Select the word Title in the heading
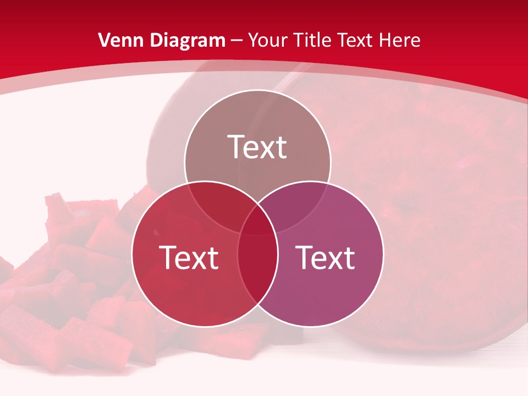click(312, 40)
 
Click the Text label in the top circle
click(257, 147)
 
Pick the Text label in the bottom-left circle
click(189, 257)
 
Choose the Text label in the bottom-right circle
click(326, 257)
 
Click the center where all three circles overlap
click(257, 223)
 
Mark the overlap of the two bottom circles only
click(257, 269)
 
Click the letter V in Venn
click(103, 40)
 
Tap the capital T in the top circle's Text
click(237, 147)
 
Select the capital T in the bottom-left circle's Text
click(168, 257)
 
